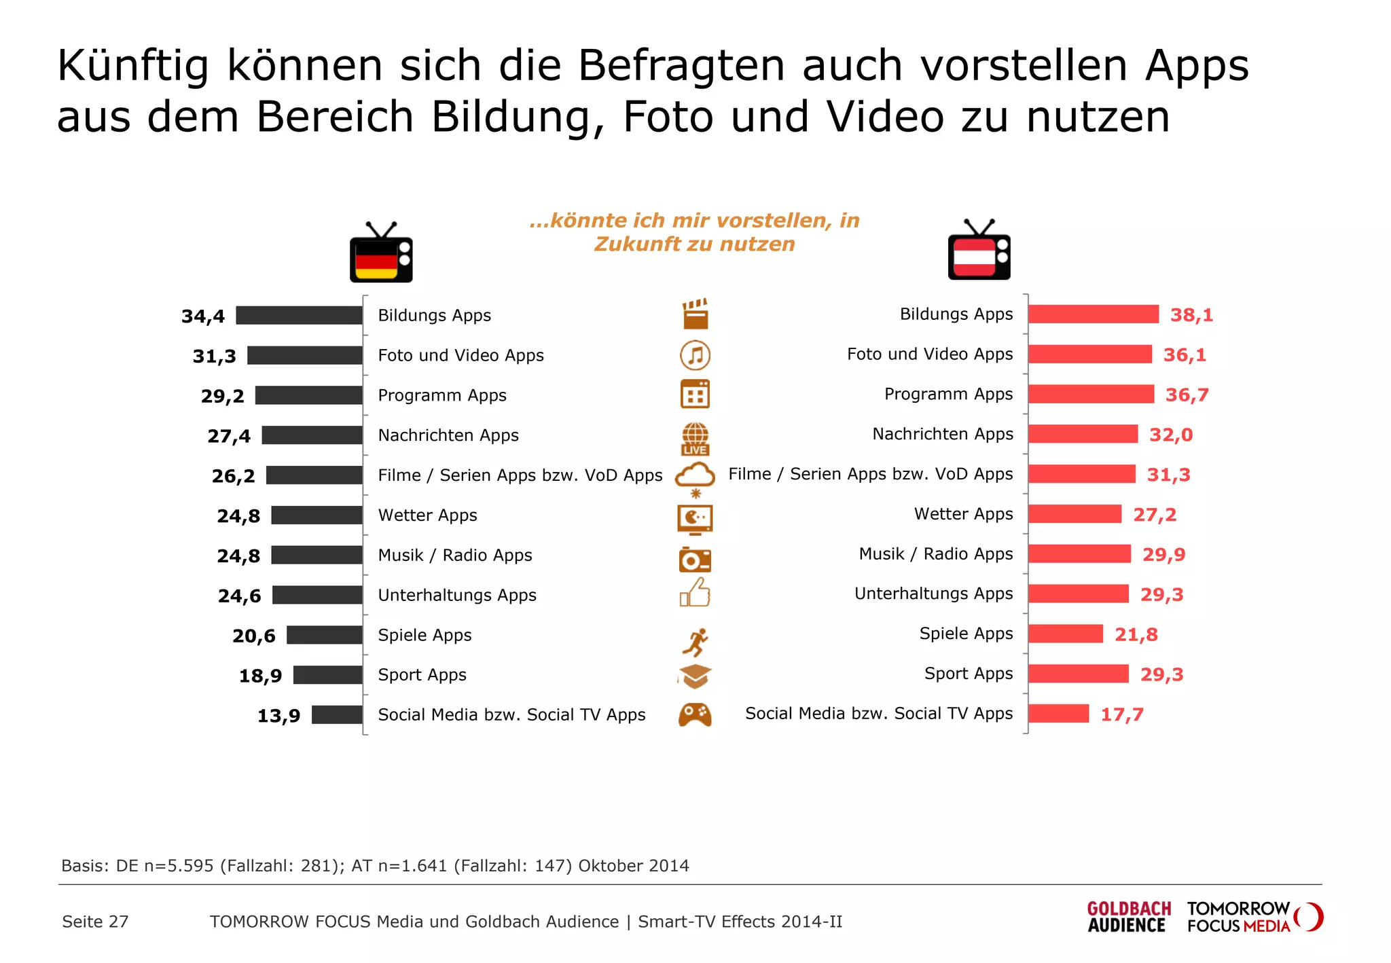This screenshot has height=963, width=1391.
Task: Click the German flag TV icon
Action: click(381, 253)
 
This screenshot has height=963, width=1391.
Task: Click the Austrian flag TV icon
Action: click(979, 251)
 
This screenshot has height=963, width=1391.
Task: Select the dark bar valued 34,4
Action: click(299, 315)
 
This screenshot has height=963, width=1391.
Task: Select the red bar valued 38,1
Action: click(1093, 314)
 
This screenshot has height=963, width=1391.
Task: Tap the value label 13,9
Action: click(278, 716)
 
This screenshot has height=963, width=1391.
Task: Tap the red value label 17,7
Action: click(1122, 714)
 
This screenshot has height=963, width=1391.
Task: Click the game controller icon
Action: click(695, 714)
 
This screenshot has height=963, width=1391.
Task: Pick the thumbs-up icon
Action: click(695, 593)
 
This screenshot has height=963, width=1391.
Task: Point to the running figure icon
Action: click(695, 642)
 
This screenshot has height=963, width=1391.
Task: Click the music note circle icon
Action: click(695, 355)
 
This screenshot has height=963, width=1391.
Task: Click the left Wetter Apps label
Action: click(427, 515)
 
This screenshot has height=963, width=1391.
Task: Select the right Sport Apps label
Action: click(968, 674)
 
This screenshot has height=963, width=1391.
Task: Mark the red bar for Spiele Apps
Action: click(1065, 634)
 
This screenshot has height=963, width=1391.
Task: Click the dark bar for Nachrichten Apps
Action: click(312, 435)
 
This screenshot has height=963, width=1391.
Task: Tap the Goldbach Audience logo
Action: click(1128, 917)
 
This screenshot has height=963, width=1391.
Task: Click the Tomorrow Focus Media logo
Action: click(1254, 917)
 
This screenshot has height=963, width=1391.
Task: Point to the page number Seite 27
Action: click(95, 922)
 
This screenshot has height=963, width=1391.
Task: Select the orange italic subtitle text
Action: click(694, 232)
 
